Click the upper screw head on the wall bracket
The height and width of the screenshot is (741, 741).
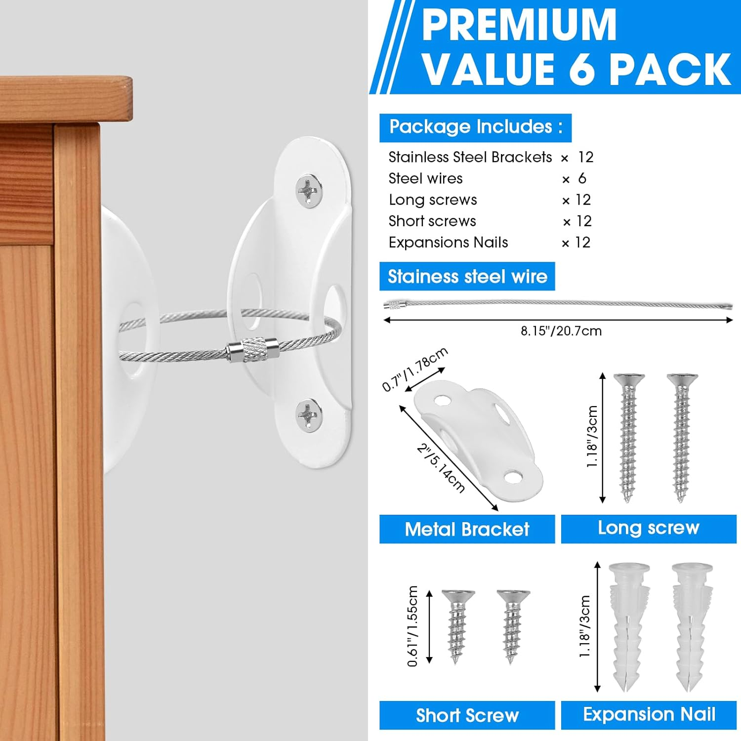[x=309, y=190]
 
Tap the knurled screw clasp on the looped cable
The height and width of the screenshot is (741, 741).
[x=253, y=350]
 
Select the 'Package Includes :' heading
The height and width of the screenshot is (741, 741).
[x=475, y=127]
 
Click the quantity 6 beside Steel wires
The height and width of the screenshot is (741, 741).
[x=582, y=178]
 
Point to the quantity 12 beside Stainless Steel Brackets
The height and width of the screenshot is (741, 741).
[x=585, y=157]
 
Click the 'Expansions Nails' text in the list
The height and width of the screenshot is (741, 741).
[x=448, y=243]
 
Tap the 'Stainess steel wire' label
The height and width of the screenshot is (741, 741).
[x=467, y=277]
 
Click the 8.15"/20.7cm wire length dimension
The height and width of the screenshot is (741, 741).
[x=561, y=331]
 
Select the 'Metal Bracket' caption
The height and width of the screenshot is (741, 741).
[x=467, y=529]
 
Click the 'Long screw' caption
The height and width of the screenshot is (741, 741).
[x=649, y=528]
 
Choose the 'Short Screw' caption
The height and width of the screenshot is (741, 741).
[x=467, y=715]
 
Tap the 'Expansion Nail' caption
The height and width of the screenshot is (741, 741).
[x=649, y=714]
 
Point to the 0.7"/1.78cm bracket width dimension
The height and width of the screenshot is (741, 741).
[x=415, y=369]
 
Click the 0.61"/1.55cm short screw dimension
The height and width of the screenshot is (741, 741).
[x=413, y=626]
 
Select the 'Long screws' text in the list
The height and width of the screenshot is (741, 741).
[x=433, y=200]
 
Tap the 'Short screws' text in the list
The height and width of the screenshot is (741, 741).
[x=432, y=221]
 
